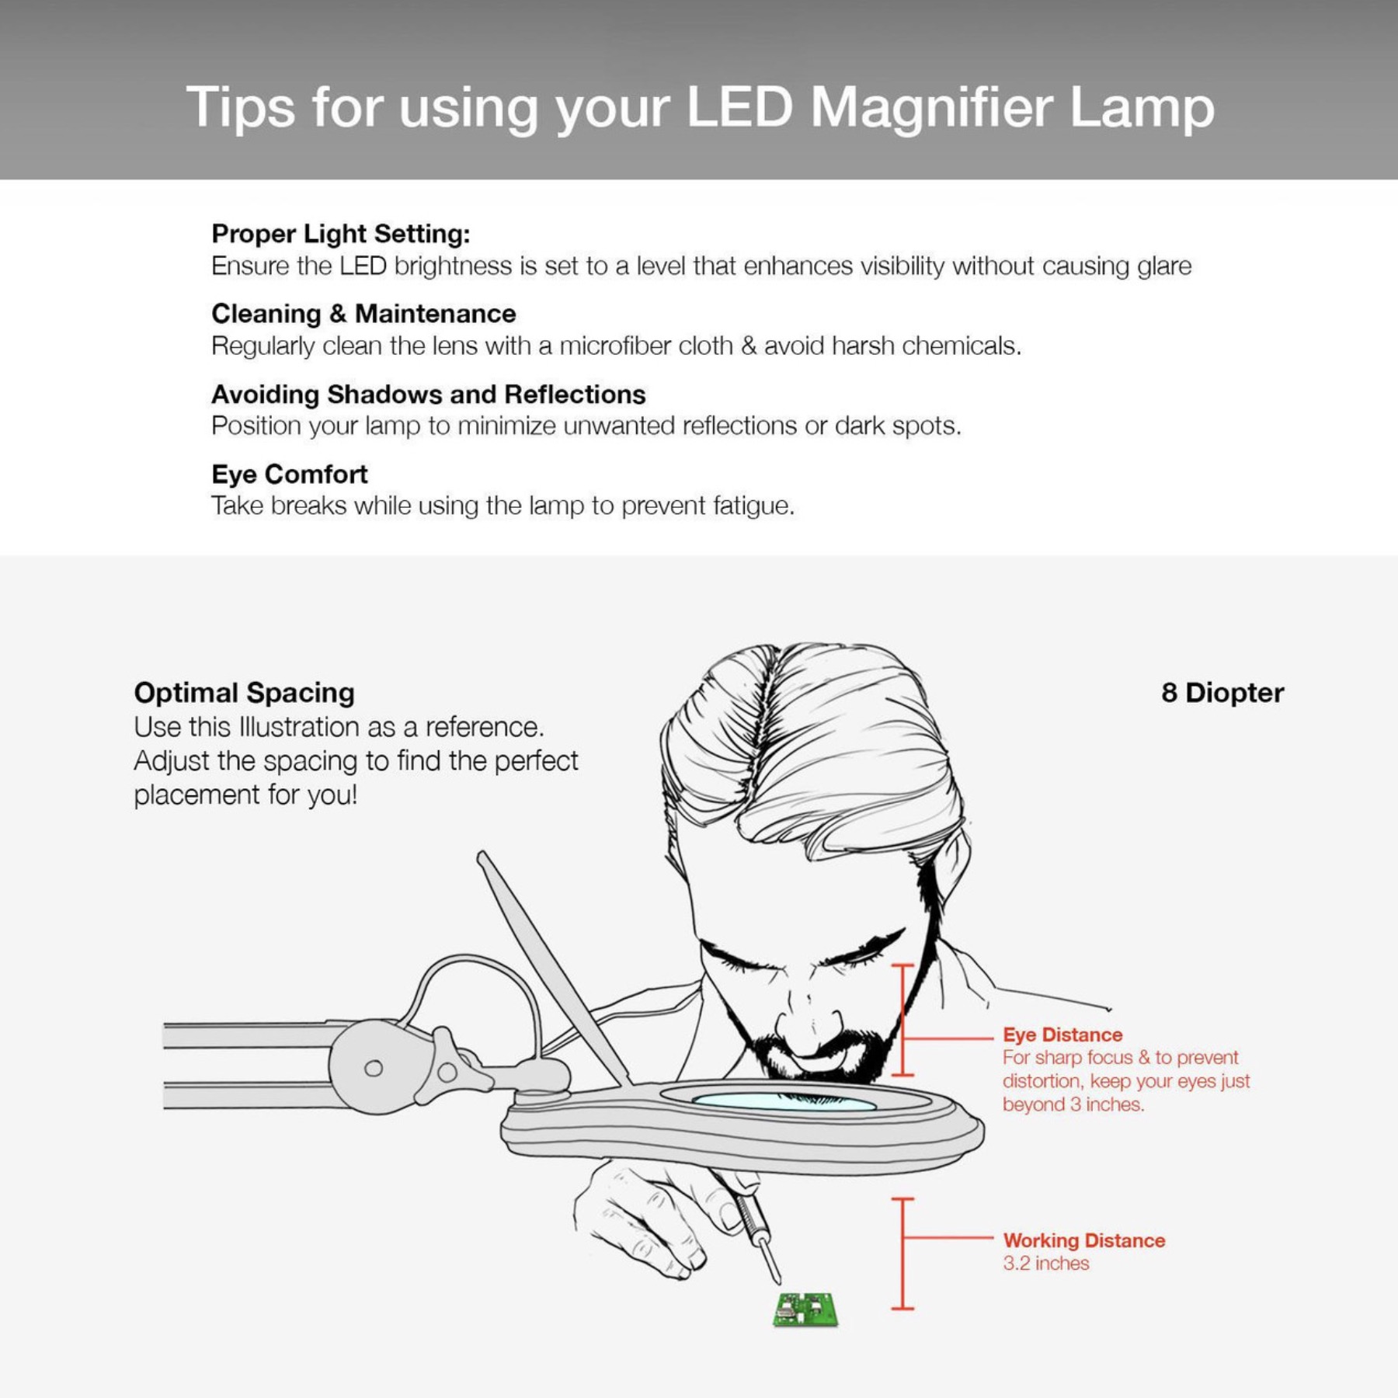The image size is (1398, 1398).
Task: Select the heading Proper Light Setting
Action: pos(341,234)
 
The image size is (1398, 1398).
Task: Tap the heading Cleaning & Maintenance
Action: pos(363,314)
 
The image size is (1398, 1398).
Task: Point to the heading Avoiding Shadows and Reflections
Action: pos(428,394)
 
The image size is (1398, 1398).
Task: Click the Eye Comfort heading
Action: pos(290,474)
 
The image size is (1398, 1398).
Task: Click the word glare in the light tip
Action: pos(1164,267)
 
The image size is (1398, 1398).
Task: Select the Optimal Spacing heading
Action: pos(244,692)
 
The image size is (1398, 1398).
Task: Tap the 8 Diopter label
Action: pos(1222,692)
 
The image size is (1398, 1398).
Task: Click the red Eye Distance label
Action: pos(1062,1035)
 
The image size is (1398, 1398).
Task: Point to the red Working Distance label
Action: pos(1084,1240)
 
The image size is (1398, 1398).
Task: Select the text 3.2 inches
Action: pos(1045,1264)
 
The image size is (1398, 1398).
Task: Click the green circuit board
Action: pos(806,1310)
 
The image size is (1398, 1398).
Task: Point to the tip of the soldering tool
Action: pos(777,1282)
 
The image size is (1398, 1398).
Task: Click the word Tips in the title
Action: pos(241,109)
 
